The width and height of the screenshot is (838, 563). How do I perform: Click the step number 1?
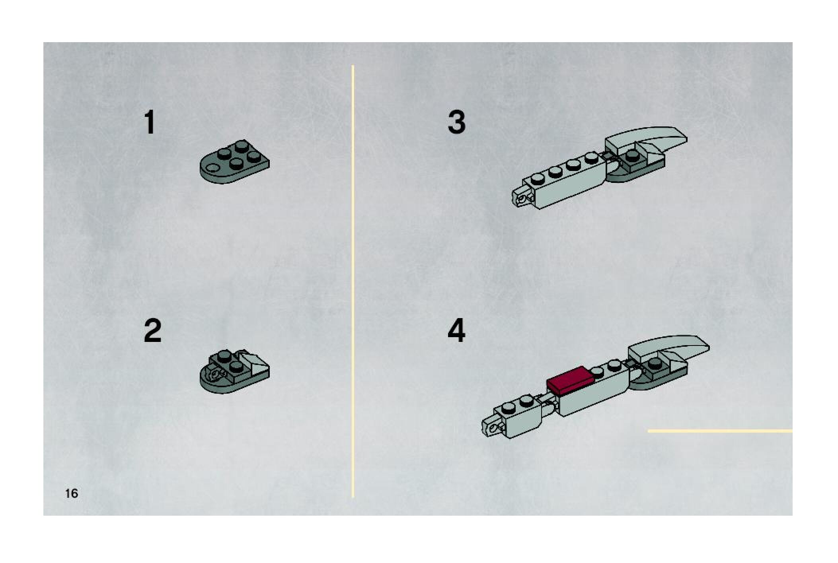tap(150, 122)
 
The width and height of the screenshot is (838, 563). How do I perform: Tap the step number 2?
tap(152, 330)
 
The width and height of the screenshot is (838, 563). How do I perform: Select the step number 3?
tap(456, 122)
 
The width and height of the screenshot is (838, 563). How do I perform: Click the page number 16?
tap(72, 493)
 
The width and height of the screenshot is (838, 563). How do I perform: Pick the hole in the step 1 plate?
tap(213, 167)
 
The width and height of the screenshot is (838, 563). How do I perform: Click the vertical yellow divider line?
tap(353, 281)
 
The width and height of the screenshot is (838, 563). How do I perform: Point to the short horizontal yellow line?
tap(720, 431)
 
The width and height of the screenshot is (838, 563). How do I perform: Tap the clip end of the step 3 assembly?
tap(522, 196)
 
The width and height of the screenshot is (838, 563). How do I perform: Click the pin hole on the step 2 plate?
tap(217, 374)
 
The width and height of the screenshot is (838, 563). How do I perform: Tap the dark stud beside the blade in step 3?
tap(631, 155)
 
